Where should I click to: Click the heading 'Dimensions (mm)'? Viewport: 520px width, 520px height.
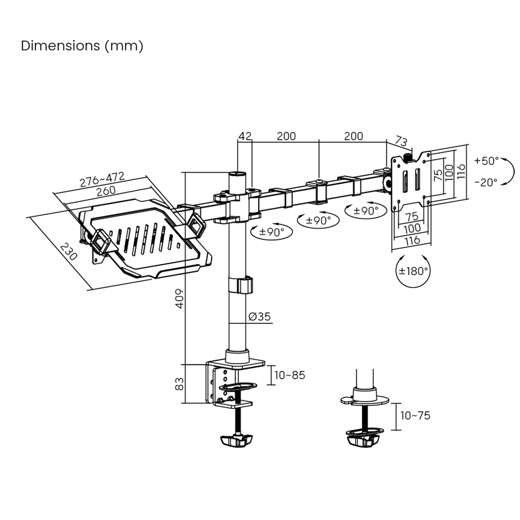tap(82, 46)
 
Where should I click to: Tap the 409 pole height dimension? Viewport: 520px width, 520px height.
tap(179, 298)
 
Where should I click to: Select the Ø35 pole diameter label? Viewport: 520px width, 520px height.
tap(259, 317)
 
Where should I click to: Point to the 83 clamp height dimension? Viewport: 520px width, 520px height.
tap(179, 384)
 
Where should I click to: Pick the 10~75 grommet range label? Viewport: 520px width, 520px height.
tap(415, 415)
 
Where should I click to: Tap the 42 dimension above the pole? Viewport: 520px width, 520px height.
tap(245, 136)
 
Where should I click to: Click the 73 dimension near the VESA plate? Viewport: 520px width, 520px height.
tap(401, 141)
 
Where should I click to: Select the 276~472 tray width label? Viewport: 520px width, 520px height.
tap(102, 179)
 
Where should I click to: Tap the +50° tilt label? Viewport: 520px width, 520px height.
tap(486, 161)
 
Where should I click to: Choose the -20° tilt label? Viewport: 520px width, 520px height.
tap(486, 182)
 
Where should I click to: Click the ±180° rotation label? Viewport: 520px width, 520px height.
tap(413, 270)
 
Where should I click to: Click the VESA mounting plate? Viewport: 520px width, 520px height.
tap(411, 179)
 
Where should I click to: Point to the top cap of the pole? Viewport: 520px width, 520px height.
tap(238, 174)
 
